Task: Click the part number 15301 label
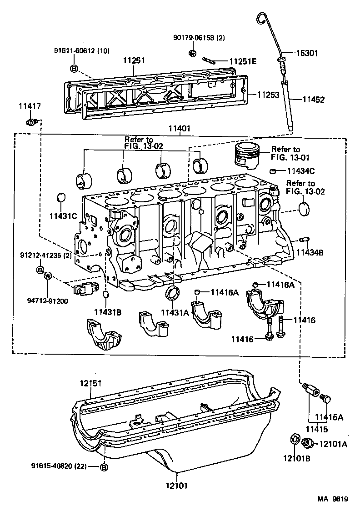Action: tap(307, 53)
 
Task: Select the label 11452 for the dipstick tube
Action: tap(312, 99)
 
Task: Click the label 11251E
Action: tap(243, 61)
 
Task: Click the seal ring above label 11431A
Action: tap(173, 293)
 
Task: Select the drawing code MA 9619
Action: tap(332, 499)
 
